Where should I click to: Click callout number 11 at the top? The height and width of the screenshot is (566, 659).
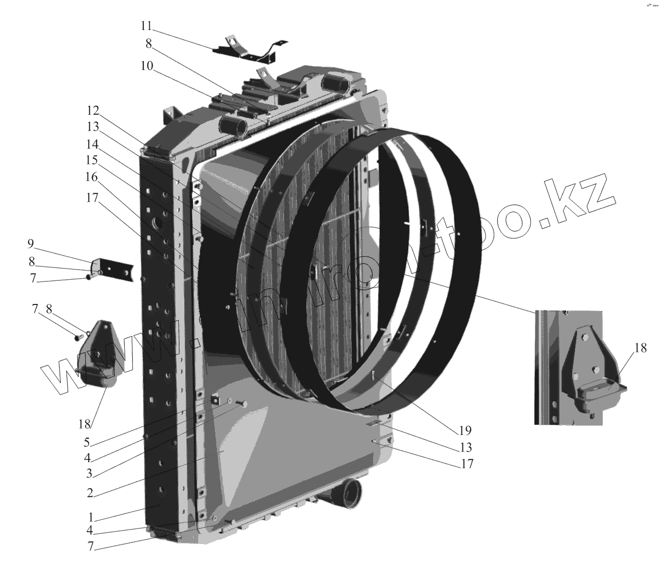(147, 26)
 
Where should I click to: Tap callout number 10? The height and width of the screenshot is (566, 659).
(147, 66)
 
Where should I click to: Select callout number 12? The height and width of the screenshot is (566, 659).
(93, 111)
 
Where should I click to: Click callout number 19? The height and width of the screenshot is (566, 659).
(465, 430)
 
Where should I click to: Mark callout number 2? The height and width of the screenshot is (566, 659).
(90, 493)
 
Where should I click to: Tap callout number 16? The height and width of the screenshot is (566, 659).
(92, 176)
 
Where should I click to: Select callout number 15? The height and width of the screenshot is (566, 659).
(92, 160)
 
